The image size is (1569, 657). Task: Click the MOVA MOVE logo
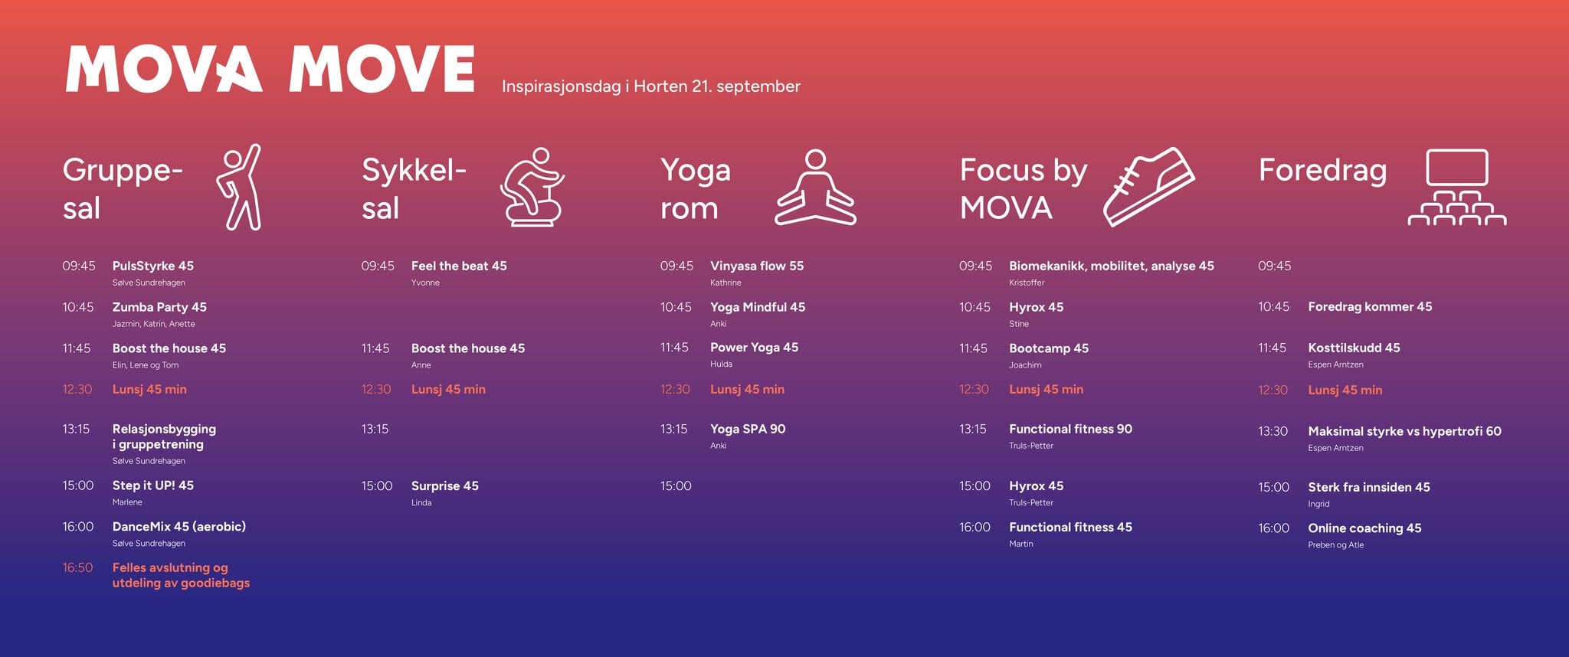270,69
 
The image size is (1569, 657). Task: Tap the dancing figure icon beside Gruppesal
241,187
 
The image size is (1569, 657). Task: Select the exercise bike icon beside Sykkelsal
532,188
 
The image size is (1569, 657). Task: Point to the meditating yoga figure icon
815,188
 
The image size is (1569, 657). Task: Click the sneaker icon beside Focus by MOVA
1148,187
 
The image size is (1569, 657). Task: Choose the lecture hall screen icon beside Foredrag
1456,188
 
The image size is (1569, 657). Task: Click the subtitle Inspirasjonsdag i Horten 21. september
650,87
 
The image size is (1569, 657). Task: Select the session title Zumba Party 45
159,307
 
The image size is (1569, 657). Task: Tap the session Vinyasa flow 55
756,266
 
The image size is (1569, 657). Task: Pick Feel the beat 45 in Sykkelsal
459,266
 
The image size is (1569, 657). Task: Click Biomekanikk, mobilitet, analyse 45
1111,266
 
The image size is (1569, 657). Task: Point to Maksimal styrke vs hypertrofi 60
1404,431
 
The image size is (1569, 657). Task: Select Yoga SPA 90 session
747,429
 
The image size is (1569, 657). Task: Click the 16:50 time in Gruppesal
77,567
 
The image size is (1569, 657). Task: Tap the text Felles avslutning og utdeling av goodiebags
181,575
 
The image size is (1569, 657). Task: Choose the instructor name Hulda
721,364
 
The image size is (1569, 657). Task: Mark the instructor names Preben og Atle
1335,545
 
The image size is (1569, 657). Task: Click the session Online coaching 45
1364,528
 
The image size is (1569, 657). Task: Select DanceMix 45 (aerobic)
179,527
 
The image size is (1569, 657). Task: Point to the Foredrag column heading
1322,170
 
